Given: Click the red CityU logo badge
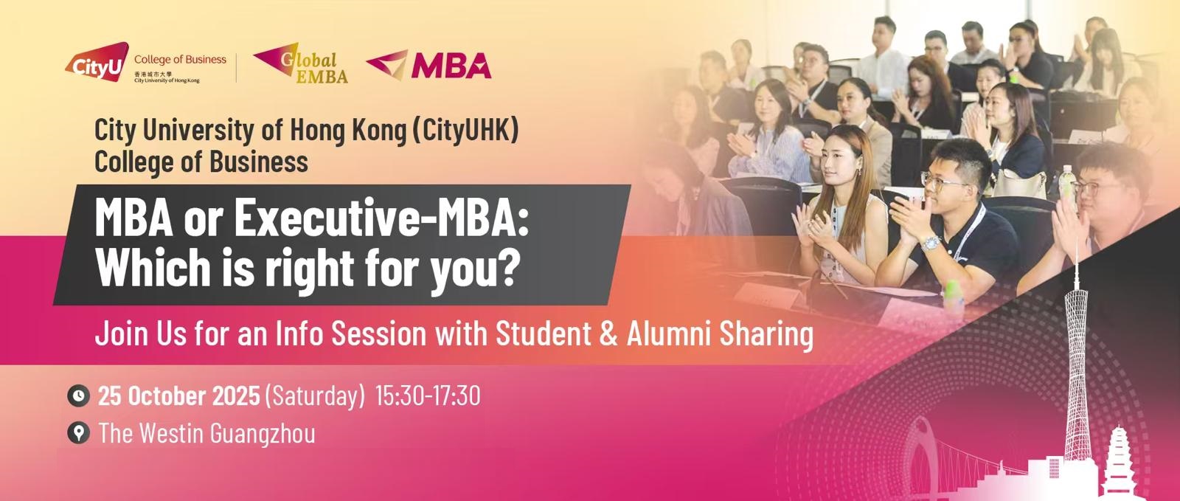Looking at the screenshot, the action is click(97, 62).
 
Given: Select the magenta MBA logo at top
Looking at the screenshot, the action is click(428, 65).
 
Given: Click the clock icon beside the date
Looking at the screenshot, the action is click(78, 395).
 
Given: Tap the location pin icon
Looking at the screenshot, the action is click(78, 433).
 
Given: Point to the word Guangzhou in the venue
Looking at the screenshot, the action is click(263, 434).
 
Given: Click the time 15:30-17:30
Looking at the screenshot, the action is click(428, 396).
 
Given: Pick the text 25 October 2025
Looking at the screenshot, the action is click(179, 396).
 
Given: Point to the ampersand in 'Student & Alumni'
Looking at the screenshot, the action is click(608, 334).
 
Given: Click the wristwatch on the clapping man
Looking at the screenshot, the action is click(930, 243).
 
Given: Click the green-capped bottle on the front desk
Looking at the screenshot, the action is click(953, 299).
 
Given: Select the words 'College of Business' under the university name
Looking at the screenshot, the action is click(201, 162).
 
